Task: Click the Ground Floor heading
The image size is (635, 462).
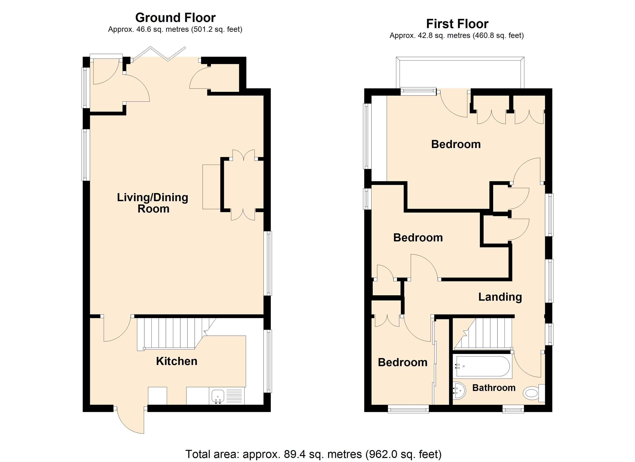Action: point(175,18)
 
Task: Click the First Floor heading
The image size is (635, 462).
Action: point(457,24)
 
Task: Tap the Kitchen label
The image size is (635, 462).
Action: point(177,361)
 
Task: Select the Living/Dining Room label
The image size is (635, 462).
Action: point(153,203)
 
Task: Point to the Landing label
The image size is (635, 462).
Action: point(500,297)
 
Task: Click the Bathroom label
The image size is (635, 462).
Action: point(494,388)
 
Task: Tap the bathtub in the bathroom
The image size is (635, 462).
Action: point(483,366)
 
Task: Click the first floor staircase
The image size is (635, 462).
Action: point(483,334)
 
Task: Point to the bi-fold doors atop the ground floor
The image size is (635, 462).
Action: point(159,54)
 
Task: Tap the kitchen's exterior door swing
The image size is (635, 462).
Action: point(130,420)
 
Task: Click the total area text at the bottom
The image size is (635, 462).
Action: point(313,454)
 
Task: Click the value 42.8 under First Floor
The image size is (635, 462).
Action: point(425,36)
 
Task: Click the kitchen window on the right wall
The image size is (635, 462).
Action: point(268,361)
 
